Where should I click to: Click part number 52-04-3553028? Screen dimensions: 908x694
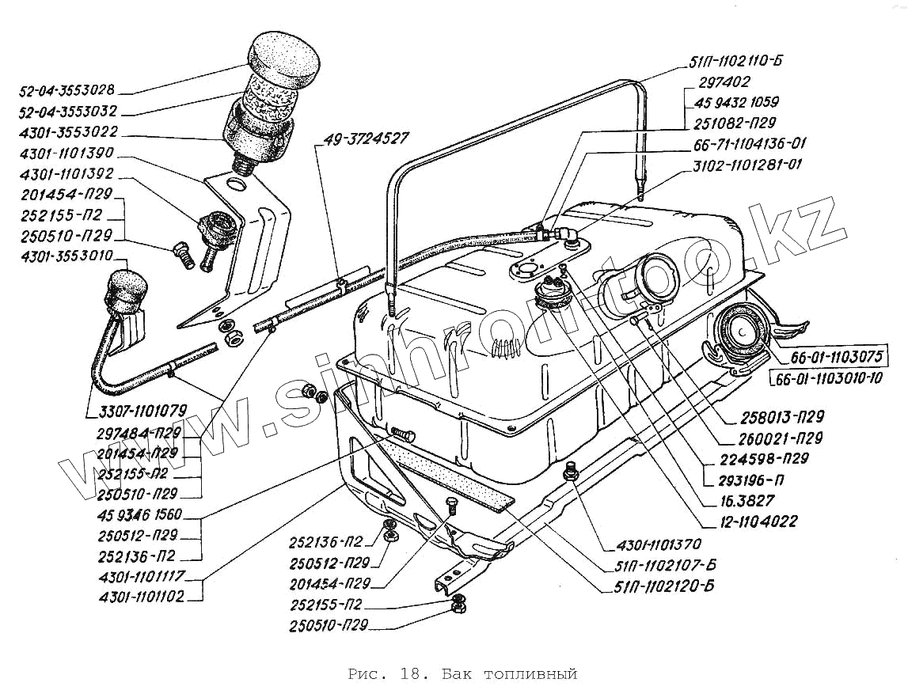[x=66, y=90]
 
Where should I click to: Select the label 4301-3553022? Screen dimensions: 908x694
[x=68, y=132]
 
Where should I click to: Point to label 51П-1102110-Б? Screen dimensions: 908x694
[x=735, y=61]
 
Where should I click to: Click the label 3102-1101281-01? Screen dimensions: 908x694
[x=747, y=165]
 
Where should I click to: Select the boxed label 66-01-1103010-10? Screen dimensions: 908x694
[x=826, y=378]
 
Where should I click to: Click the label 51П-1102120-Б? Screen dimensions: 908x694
[x=663, y=586]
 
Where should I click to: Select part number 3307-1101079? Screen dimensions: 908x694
[x=142, y=411]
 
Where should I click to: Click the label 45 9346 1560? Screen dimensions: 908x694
[x=139, y=514]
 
